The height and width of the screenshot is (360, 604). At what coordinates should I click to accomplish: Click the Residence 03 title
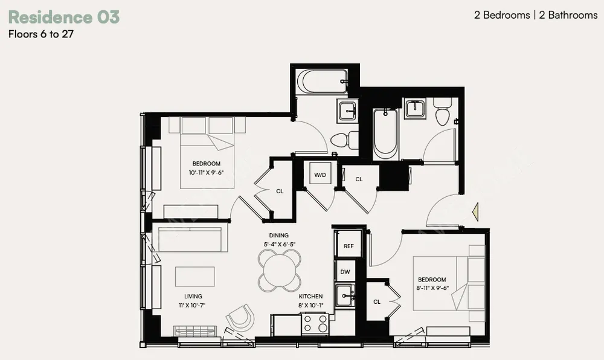pos(63,17)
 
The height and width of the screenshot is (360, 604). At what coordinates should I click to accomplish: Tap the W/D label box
pos(320,175)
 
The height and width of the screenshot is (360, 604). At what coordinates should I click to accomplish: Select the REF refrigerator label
pos(349,246)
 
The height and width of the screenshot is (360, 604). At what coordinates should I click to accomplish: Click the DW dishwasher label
pos(345,272)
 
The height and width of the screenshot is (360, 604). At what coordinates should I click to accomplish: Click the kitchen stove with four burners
pos(315,324)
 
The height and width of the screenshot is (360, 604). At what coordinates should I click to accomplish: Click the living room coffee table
pos(195,277)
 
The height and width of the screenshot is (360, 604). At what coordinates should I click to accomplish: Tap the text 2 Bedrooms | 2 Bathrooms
pos(535,15)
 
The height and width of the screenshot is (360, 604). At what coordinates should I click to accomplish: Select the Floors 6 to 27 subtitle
pos(40,34)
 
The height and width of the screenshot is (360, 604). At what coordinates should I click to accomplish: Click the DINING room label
pos(279,236)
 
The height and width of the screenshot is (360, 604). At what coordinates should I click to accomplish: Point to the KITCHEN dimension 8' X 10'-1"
pos(311,305)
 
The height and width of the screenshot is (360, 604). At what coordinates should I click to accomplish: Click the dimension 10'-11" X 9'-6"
pos(206,172)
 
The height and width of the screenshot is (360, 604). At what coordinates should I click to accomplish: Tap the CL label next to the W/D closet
pos(359,179)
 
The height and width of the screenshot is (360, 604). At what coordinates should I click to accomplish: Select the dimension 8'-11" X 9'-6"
pos(432,288)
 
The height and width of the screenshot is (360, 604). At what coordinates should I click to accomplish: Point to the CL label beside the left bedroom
pos(280,191)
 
